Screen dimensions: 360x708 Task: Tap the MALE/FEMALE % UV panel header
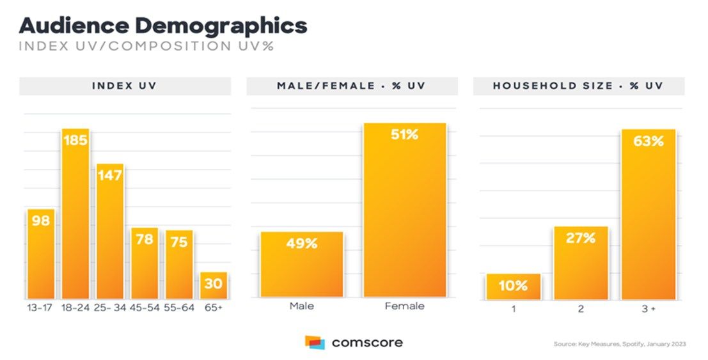click(352, 86)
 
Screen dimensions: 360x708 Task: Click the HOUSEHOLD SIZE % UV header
click(578, 86)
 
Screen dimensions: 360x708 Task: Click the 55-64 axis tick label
click(179, 307)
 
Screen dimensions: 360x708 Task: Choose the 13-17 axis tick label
click(40, 307)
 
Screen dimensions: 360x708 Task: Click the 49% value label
click(301, 244)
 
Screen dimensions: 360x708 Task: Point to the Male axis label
click(301, 306)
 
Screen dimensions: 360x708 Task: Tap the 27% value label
click(580, 239)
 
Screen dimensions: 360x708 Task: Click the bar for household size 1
click(513, 287)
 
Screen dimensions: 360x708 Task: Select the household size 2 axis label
click(580, 308)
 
